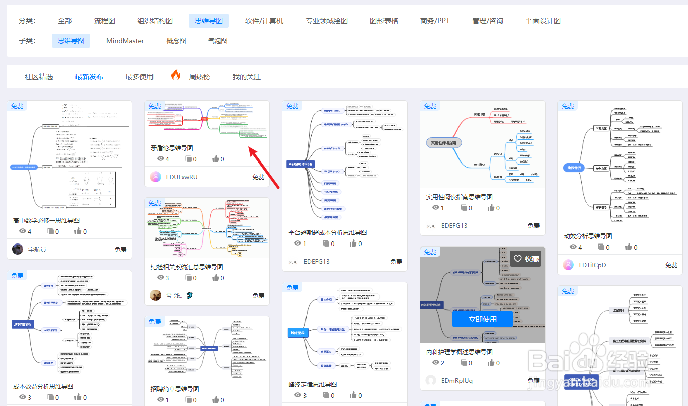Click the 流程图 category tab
point(105,21)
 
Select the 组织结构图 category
point(155,21)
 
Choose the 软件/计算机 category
point(264,21)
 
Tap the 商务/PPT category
point(435,21)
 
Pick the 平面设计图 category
point(543,21)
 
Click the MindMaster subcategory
point(125,41)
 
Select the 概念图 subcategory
point(176,41)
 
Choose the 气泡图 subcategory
point(218,41)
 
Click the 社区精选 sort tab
point(39,77)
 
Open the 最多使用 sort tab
point(139,77)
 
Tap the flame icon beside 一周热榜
point(175,75)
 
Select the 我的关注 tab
point(247,77)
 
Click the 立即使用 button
point(483,319)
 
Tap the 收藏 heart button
point(525,259)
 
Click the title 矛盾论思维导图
point(172,148)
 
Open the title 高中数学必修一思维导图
point(46,220)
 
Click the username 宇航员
point(37,249)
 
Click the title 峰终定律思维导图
point(313,384)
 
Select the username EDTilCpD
point(593,265)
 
